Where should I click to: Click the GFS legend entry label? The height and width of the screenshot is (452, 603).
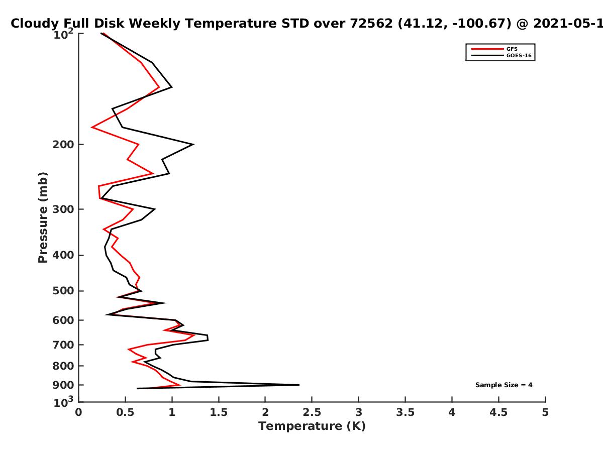pos(512,49)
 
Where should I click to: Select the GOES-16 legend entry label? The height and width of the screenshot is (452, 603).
pos(519,56)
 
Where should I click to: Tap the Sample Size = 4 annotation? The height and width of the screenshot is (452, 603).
pos(504,385)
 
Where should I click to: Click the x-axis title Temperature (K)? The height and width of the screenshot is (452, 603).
pos(312,426)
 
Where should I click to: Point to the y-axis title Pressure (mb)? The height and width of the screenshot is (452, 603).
pos(43,217)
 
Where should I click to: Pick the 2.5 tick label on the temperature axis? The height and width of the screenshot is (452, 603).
pos(312,412)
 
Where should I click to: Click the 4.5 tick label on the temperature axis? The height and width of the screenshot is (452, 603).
pos(498,412)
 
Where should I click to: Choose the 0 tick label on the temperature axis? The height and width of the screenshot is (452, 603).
pos(78,412)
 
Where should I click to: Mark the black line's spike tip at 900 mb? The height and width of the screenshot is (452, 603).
pos(299,385)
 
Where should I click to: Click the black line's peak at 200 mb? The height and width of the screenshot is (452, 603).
pos(193,144)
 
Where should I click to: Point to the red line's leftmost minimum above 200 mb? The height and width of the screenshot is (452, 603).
pos(92,128)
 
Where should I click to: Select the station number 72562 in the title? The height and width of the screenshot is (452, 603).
pos(371,24)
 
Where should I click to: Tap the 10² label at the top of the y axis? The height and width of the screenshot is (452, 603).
pos(63,34)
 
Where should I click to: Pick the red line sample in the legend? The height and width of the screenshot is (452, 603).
pos(487,49)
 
